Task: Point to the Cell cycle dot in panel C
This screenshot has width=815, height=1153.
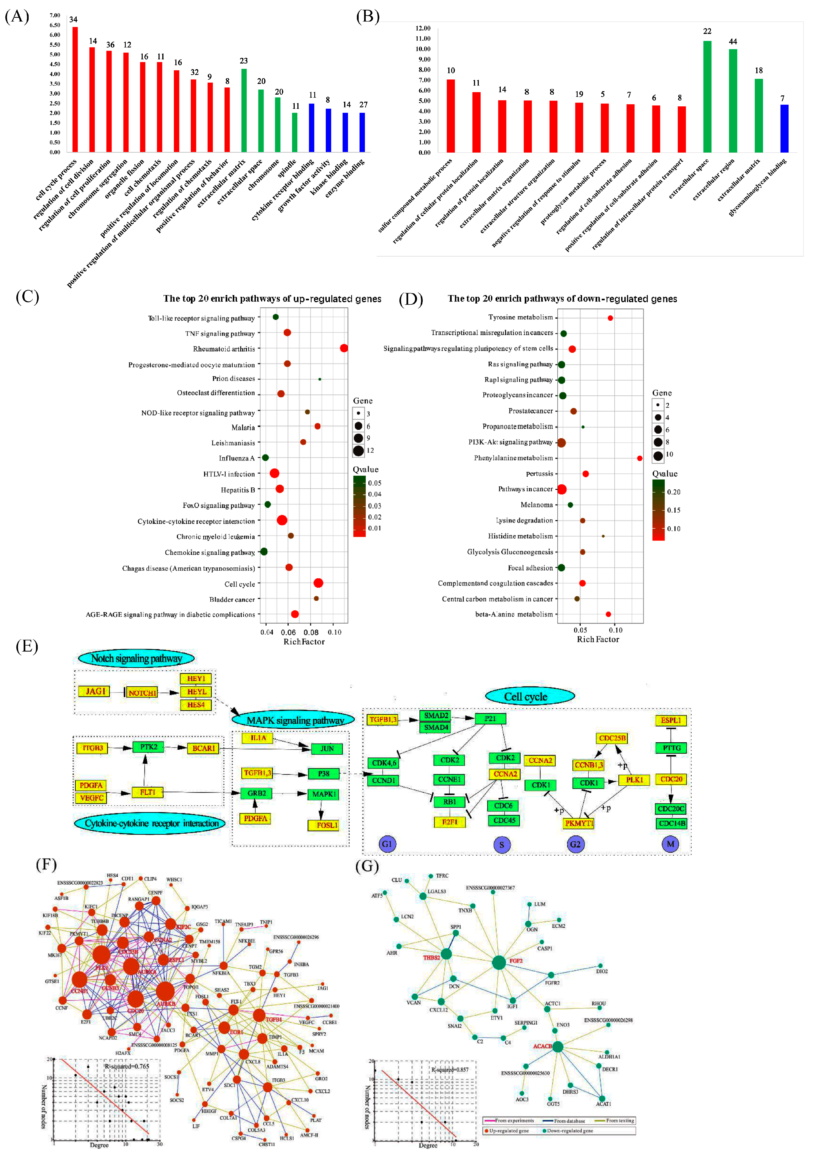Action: (x=318, y=583)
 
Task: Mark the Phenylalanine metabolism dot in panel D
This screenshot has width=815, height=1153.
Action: (x=639, y=458)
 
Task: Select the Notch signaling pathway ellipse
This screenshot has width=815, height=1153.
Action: (x=136, y=658)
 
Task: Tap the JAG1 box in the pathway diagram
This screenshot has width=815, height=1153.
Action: (x=95, y=691)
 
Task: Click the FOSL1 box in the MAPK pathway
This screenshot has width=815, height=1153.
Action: (x=326, y=825)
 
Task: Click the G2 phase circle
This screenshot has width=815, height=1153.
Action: (x=575, y=844)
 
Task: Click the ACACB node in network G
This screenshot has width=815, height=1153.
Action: (x=557, y=1047)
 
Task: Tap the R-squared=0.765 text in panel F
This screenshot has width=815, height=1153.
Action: (x=127, y=1066)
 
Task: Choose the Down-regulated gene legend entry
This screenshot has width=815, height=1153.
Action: (x=567, y=1131)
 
